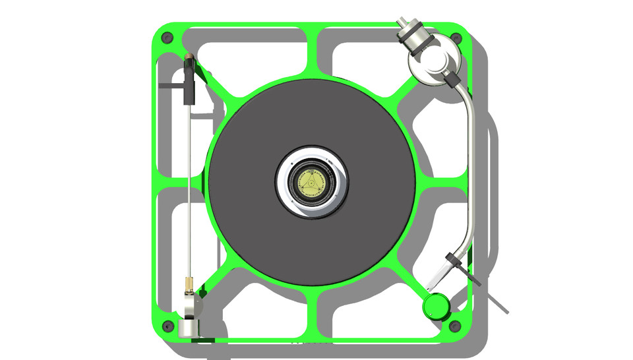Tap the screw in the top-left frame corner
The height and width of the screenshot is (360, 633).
pos(166,37)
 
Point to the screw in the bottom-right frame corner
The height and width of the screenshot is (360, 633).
pos(454,325)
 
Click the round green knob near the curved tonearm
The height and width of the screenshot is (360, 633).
pos(436,305)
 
